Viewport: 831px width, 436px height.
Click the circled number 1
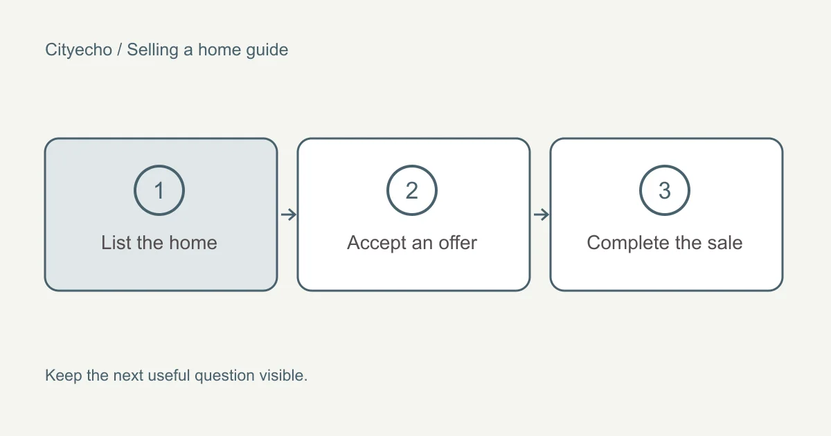(x=159, y=190)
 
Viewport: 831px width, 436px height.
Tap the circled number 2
(x=412, y=190)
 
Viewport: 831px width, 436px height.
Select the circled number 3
(x=664, y=190)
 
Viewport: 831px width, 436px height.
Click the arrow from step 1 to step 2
(x=289, y=215)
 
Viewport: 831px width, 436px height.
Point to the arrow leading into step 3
(x=542, y=215)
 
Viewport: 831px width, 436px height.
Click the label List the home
(x=159, y=243)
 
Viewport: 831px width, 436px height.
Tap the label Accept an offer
(x=412, y=243)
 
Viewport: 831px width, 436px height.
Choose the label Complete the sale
(x=664, y=243)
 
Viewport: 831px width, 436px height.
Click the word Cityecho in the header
(x=79, y=50)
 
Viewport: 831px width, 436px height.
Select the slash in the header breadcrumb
(x=119, y=50)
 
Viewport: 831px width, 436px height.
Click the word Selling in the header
(x=152, y=50)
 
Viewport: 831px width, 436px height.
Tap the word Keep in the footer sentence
(x=64, y=376)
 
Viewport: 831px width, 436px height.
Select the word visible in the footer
(x=281, y=375)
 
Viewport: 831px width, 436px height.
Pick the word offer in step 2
(x=458, y=243)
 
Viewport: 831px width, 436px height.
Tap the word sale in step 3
(x=725, y=243)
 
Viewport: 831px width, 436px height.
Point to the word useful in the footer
(x=169, y=375)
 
